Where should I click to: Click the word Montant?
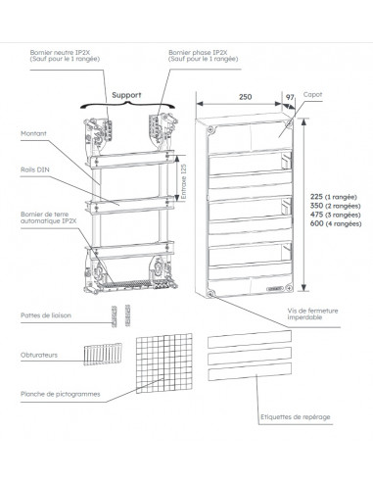(x=35, y=134)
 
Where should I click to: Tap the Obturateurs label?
(x=40, y=354)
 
